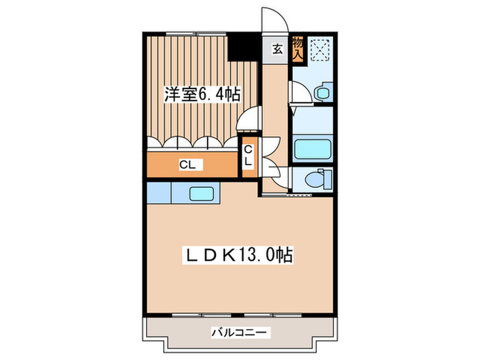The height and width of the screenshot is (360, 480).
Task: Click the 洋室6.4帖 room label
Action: (201, 95)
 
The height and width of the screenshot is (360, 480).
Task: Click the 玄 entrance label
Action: (278, 49)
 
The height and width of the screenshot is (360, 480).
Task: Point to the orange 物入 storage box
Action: (298, 49)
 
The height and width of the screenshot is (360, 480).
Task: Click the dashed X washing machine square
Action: (320, 49)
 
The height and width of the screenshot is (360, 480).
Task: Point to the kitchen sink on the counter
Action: (201, 194)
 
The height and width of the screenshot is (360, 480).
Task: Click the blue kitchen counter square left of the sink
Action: (157, 192)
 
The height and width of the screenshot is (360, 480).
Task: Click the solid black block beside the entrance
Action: (239, 46)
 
